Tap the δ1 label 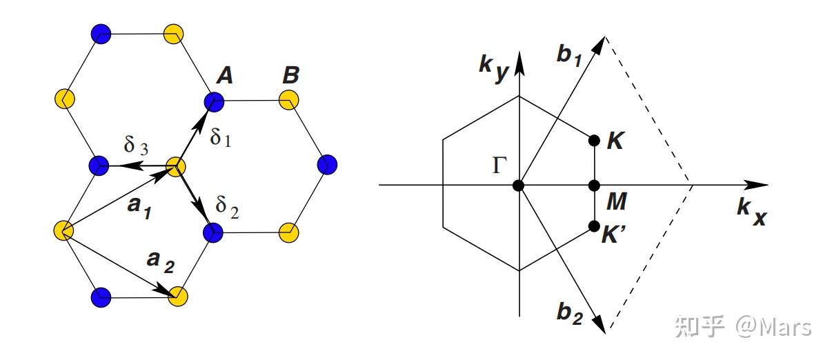tap(221, 137)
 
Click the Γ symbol tap(501, 166)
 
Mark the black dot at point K tap(593, 141)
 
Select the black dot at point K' tap(593, 226)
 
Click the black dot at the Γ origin tap(519, 186)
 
